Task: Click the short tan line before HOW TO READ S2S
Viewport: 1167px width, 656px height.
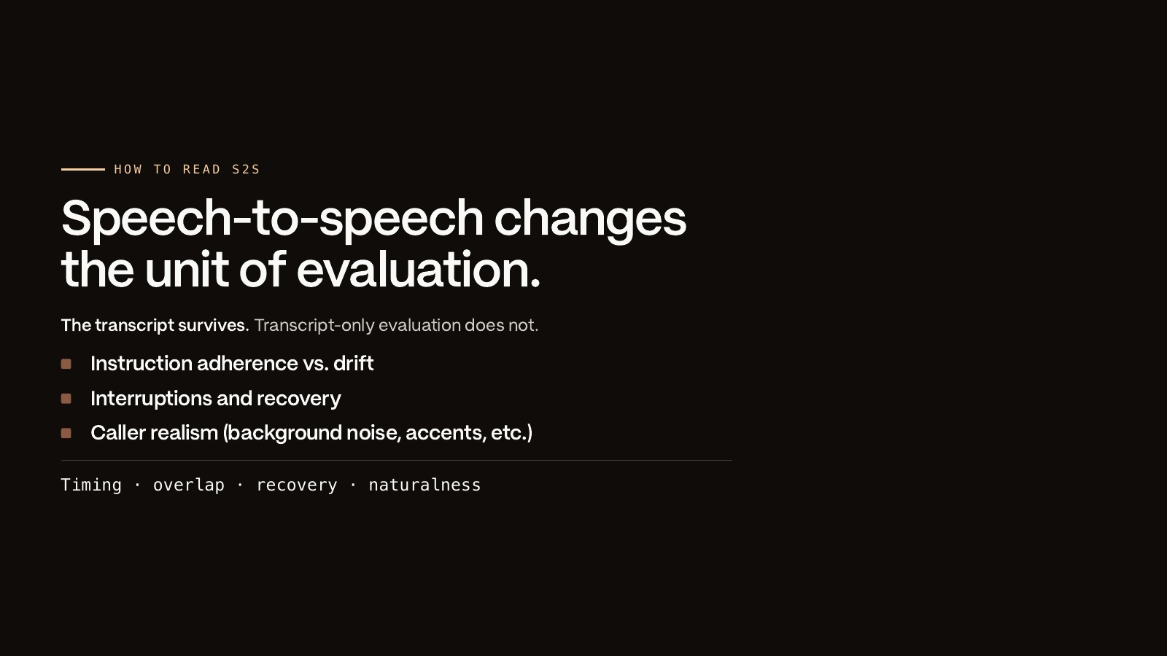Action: click(x=83, y=169)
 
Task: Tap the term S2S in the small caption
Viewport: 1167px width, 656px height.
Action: click(x=246, y=170)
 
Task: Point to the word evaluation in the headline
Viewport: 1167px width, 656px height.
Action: click(x=419, y=270)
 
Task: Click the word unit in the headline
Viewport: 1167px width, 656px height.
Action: click(x=187, y=270)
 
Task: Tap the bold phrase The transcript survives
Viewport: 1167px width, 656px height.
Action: click(x=155, y=325)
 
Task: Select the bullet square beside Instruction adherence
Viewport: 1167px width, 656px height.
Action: click(x=66, y=364)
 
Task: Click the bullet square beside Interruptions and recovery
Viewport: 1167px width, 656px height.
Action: click(x=66, y=399)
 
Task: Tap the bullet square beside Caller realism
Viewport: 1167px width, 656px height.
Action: click(x=66, y=433)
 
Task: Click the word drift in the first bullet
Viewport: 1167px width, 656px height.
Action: click(x=353, y=364)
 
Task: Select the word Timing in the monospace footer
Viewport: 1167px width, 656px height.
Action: click(x=91, y=485)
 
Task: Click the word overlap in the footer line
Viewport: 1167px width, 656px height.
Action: click(x=189, y=485)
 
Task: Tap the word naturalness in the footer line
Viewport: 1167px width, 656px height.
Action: click(x=424, y=485)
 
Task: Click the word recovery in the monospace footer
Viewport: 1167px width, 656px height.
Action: click(x=297, y=485)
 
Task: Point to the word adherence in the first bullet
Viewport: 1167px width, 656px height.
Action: click(x=247, y=364)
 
